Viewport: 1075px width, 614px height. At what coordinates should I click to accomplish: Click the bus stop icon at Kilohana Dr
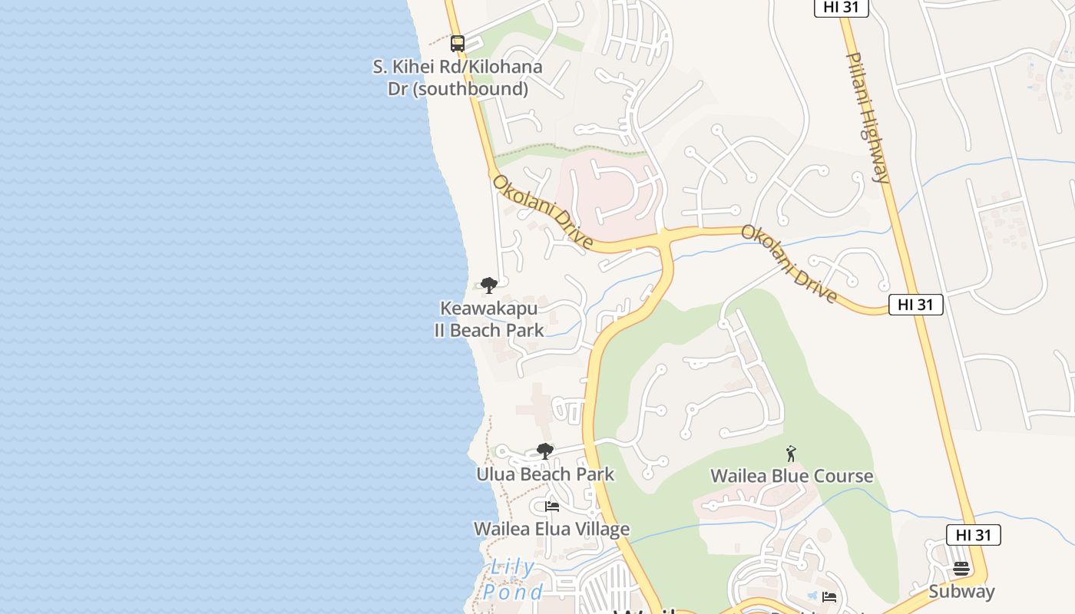coord(458,44)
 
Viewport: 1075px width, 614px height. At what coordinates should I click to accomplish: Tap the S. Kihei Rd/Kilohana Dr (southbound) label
coord(458,78)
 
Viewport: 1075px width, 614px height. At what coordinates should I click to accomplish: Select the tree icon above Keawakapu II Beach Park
coord(489,286)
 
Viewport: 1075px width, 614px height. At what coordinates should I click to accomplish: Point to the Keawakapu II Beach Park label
coord(489,319)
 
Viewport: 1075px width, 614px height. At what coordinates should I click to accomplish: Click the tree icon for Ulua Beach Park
coord(545,451)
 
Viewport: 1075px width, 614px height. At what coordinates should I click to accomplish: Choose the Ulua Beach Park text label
coord(545,474)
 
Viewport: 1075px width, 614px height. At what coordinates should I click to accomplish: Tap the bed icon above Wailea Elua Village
coord(551,507)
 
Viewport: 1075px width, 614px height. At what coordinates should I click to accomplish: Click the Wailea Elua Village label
coord(551,529)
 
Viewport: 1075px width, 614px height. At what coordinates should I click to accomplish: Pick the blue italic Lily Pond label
coord(513,579)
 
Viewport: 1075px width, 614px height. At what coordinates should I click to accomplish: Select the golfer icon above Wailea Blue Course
coord(791,454)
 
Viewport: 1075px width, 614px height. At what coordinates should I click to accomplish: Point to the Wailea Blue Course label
coord(792,476)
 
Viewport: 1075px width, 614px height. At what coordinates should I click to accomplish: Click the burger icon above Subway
coord(961,569)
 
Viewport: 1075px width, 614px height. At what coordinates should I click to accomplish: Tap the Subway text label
coord(961,592)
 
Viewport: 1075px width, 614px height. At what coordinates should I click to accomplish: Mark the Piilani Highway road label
coord(868,117)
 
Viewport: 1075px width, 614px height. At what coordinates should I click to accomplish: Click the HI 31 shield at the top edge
coord(841,7)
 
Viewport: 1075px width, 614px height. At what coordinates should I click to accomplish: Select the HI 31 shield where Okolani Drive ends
coord(915,305)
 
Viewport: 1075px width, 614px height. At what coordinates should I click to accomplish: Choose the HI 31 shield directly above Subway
coord(973,535)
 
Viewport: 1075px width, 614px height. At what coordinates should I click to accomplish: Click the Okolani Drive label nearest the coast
coord(543,211)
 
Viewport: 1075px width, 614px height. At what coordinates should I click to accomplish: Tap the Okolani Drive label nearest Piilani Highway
coord(789,263)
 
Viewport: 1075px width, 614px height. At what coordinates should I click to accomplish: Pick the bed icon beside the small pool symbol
coord(829,596)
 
